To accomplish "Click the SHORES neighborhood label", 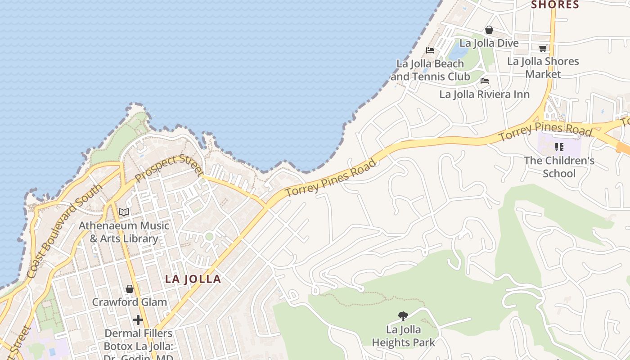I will click(555, 4).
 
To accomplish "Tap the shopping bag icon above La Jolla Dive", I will click(489, 30).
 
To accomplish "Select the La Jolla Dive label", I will click(489, 43).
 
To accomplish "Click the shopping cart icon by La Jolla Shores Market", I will click(543, 48).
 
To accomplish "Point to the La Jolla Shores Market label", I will click(543, 67).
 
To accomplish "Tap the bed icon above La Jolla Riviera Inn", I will click(485, 81).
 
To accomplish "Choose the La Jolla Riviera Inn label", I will click(484, 94).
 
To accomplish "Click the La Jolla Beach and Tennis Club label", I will click(430, 70).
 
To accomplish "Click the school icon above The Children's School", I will click(559, 147).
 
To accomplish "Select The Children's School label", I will click(559, 167).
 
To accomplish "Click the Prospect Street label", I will click(169, 167).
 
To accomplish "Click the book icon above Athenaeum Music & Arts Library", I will click(124, 212).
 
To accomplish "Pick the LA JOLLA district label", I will click(193, 279).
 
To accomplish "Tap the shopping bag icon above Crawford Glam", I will click(130, 288).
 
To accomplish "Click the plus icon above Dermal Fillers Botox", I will click(138, 320).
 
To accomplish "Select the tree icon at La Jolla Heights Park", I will click(403, 316).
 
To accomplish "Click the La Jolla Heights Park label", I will click(403, 336).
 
